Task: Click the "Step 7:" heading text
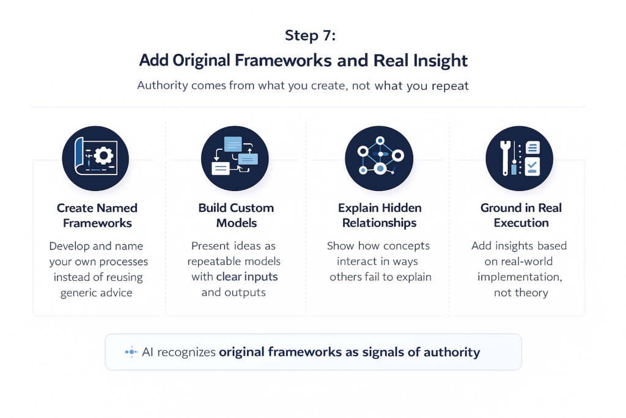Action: point(310,35)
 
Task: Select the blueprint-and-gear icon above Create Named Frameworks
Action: point(95,157)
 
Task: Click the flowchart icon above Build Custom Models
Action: point(235,157)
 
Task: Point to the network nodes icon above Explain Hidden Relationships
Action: point(379,157)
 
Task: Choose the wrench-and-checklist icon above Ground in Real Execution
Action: point(519,157)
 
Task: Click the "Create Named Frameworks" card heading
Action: point(97,215)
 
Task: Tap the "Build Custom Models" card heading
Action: point(236,215)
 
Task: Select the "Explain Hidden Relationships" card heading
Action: point(379,215)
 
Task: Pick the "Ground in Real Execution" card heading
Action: point(521,215)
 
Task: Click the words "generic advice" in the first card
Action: point(96,293)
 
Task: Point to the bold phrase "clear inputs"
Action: point(247,277)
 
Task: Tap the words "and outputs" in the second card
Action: point(234,293)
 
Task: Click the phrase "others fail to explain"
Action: point(380,277)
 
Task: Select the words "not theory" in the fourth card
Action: point(521,293)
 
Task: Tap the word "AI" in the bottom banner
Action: point(148,352)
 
